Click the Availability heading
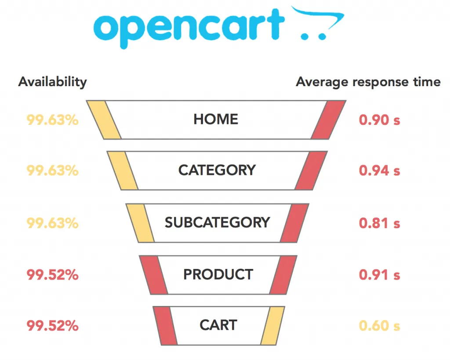coord(52,82)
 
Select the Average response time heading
coord(368,82)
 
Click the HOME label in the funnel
coord(216,119)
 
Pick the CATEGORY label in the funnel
coord(217,170)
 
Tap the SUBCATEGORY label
coord(217,222)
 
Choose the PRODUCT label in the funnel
coord(218,275)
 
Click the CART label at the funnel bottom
coord(218,325)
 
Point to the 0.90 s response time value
coord(379,120)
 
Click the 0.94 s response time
coord(379,171)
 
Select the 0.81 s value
coord(379,223)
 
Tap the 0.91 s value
coord(379,275)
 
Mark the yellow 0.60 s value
coord(379,326)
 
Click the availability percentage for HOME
coord(52,120)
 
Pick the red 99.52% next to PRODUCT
coord(52,275)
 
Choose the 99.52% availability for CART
coord(52,326)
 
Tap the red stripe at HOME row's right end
coord(328,120)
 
